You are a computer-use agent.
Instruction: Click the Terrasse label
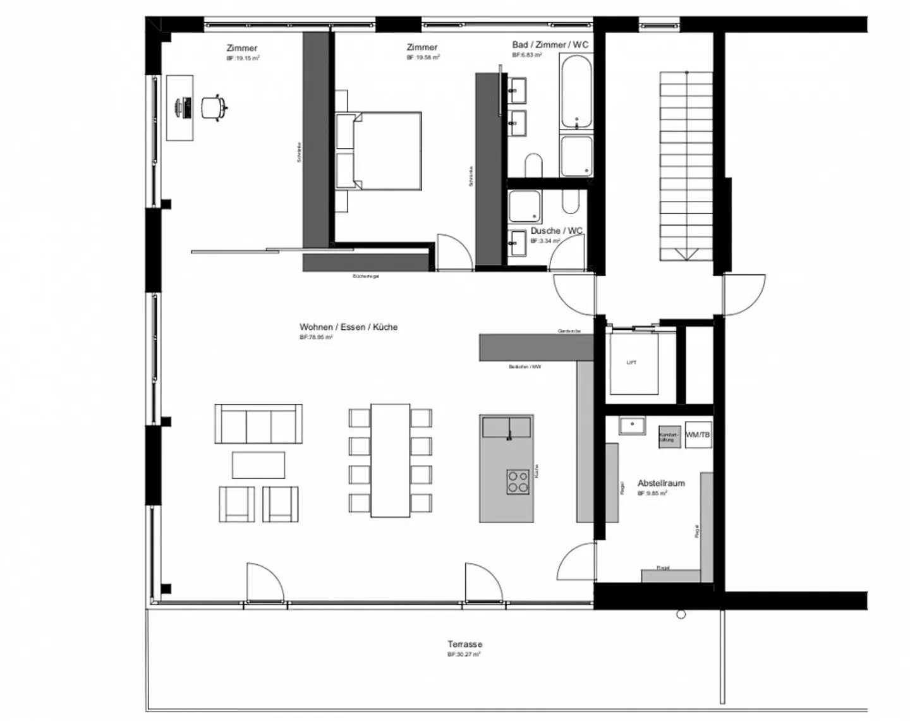click(x=464, y=645)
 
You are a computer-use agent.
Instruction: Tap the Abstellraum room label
click(x=661, y=483)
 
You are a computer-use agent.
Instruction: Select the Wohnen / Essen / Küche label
click(x=348, y=327)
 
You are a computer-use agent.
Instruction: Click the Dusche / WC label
click(x=556, y=231)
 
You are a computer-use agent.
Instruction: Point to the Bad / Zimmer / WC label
click(x=550, y=45)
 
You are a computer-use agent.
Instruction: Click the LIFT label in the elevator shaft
click(x=631, y=363)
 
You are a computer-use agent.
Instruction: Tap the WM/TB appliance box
click(x=697, y=435)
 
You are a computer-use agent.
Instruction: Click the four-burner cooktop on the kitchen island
click(x=518, y=482)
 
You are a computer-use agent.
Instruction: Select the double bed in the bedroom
click(x=386, y=150)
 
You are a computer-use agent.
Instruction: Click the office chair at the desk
click(x=213, y=107)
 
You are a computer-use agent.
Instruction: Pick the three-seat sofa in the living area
click(x=258, y=424)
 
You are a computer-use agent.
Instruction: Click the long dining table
click(x=390, y=461)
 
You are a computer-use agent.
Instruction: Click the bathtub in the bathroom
click(x=576, y=92)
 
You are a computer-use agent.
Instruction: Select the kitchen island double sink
click(x=506, y=427)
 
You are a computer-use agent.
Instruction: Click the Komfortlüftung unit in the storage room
click(x=669, y=436)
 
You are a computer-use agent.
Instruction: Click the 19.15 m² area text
click(x=243, y=58)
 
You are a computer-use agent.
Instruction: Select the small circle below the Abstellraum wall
click(x=681, y=614)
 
